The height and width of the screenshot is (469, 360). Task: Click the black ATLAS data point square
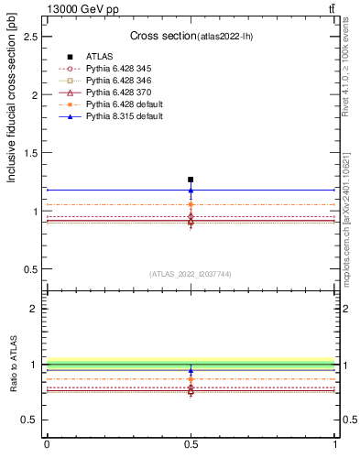tap(191, 180)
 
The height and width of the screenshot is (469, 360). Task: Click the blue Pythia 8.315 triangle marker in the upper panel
tap(191, 191)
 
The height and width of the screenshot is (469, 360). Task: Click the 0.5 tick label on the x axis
tap(191, 444)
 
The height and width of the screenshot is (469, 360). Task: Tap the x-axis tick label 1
tap(335, 444)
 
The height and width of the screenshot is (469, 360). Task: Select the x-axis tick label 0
tap(47, 444)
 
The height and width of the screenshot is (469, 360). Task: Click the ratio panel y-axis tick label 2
tap(36, 309)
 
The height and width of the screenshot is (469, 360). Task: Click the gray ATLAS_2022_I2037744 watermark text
tap(191, 274)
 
